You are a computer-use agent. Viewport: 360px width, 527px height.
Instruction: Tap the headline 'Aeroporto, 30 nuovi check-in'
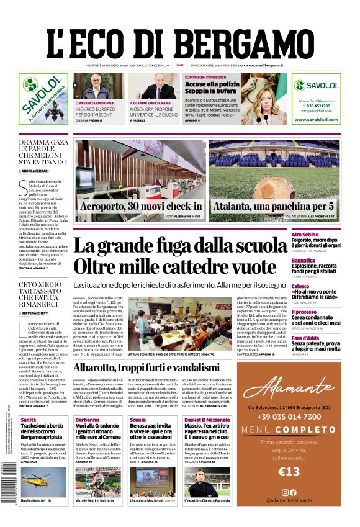(141, 206)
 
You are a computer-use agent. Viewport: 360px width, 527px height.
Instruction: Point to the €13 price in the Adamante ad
(289, 472)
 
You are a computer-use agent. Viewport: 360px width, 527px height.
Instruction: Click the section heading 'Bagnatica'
(321, 261)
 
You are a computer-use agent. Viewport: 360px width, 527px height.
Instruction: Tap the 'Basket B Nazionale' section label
(206, 420)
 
